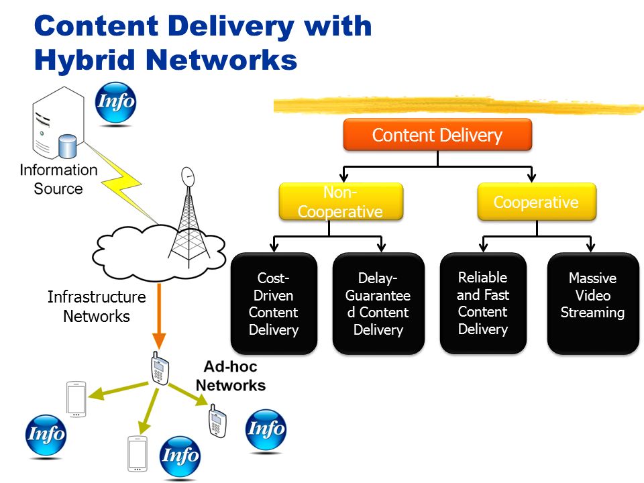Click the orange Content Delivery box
pos(437,135)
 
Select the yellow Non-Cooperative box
pos(341,202)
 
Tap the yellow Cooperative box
pos(537,202)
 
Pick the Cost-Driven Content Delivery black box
pos(274,303)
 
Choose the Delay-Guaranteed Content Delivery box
pos(378,303)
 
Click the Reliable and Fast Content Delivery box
pos(483,303)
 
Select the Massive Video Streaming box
pos(593,303)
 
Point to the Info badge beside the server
pos(115,102)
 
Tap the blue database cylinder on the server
pos(67,146)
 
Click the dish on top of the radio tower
pos(188,176)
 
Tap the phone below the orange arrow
pos(160,368)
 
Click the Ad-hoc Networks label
pos(230,376)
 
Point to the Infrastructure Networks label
pos(97,307)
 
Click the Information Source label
pos(58,179)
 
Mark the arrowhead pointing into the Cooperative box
pos(531,177)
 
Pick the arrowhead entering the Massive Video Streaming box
pos(590,247)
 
